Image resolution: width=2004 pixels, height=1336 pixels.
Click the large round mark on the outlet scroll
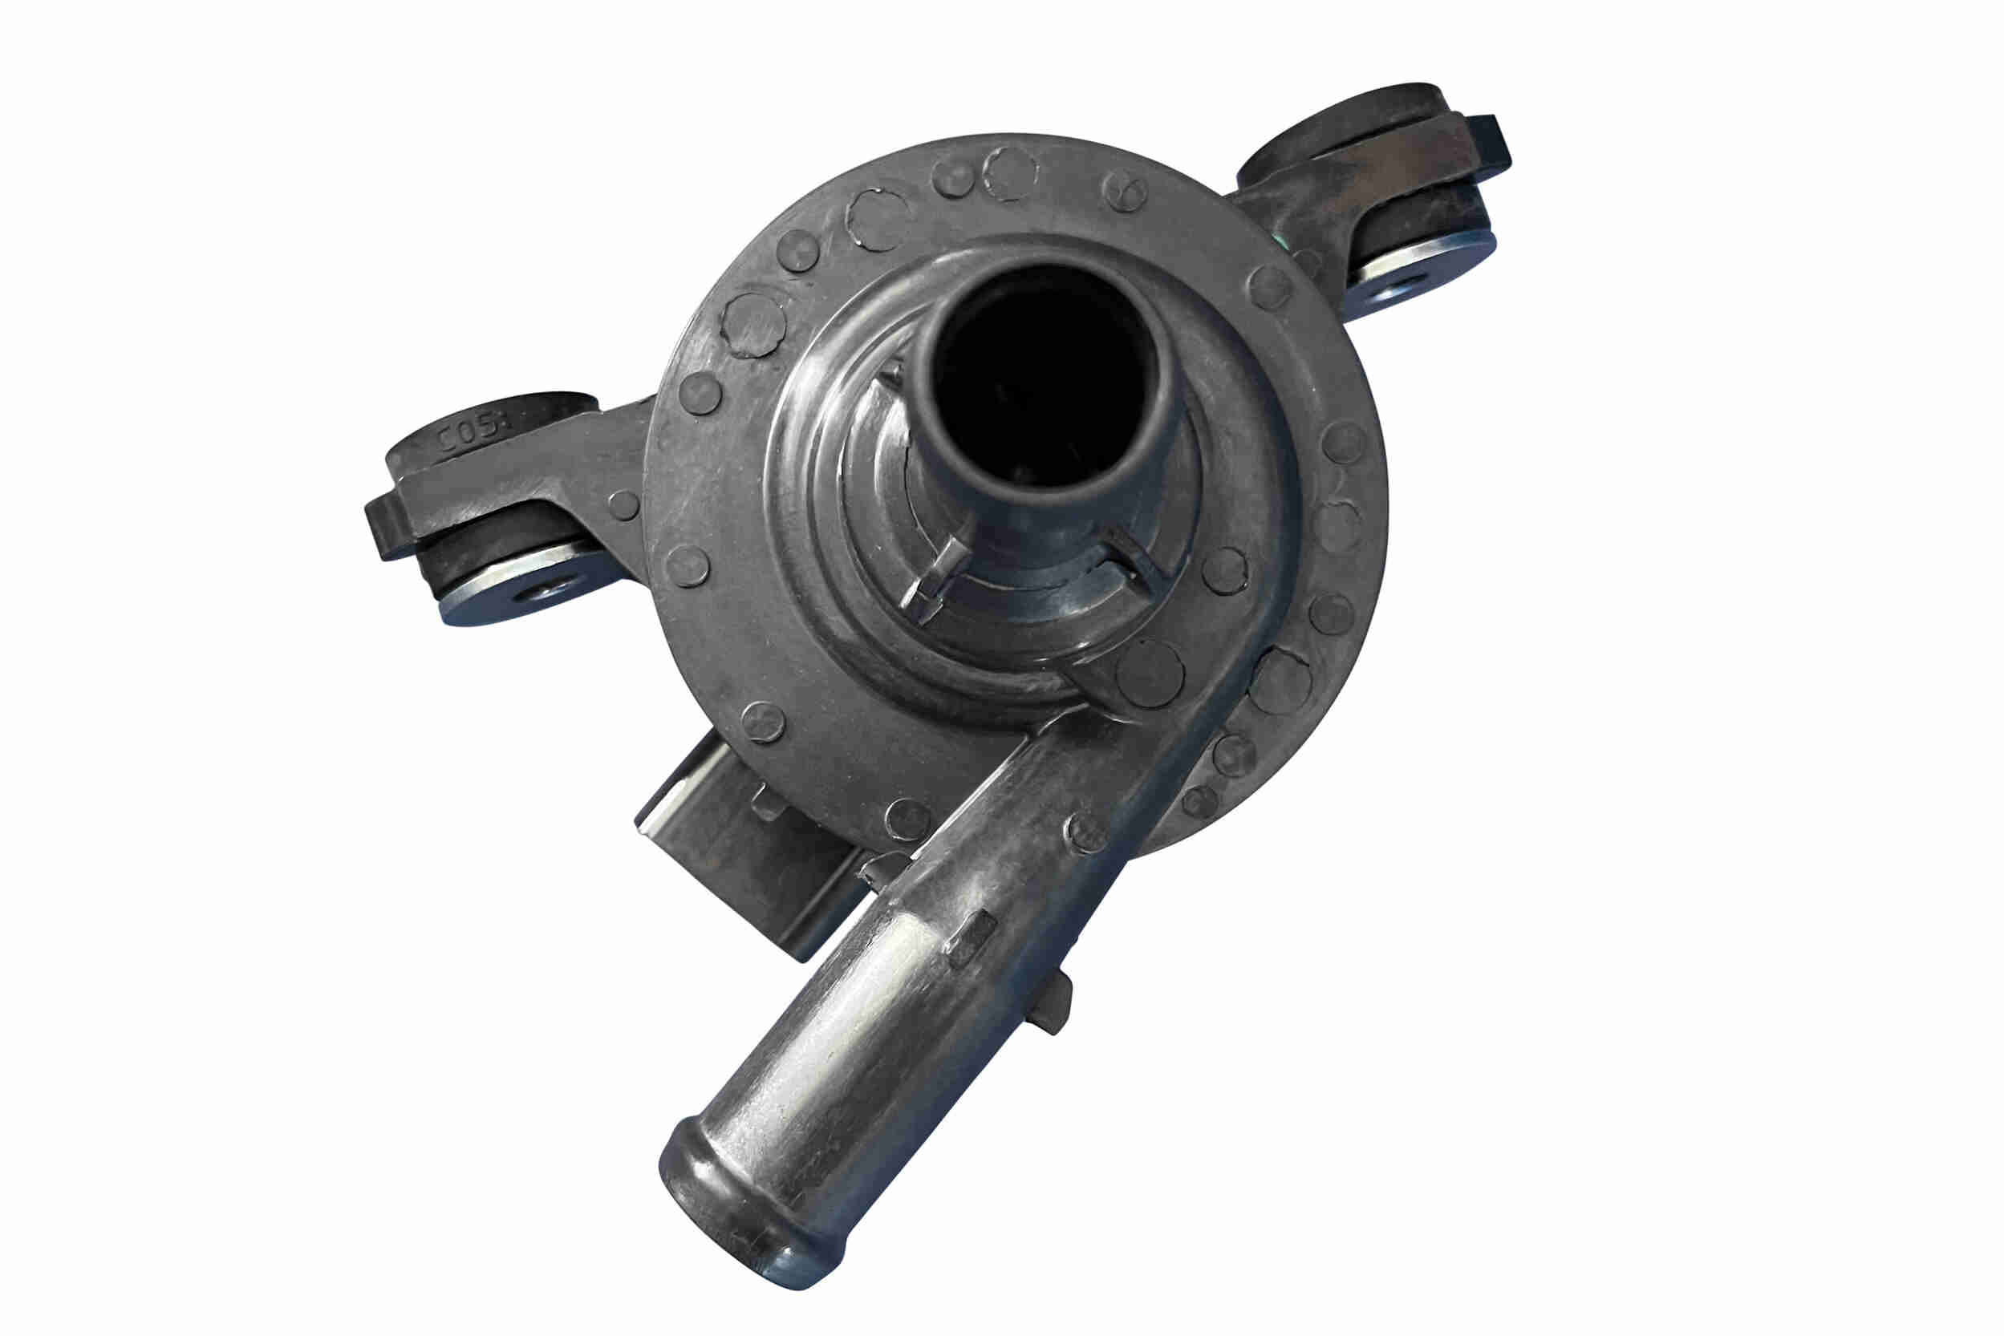(1149, 673)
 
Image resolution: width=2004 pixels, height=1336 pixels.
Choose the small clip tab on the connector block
(766, 801)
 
